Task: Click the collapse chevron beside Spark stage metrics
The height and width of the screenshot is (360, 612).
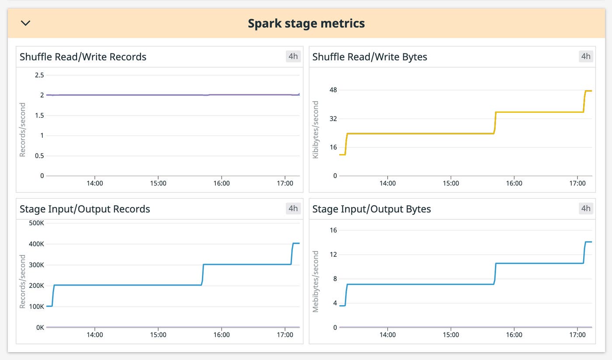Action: tap(26, 23)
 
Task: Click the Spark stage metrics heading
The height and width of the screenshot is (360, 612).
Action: tap(306, 23)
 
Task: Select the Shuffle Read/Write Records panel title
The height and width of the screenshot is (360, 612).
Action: tap(83, 57)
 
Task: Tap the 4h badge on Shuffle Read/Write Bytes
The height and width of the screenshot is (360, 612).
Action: tap(586, 56)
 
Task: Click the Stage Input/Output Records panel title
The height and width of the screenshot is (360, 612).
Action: tap(85, 209)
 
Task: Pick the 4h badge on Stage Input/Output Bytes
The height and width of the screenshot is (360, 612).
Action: tap(586, 209)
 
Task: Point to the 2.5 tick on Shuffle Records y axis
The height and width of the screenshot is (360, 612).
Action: tap(39, 75)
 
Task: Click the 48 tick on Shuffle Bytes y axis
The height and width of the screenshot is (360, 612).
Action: tap(333, 90)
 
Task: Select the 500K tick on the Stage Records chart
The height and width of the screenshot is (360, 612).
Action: tap(37, 223)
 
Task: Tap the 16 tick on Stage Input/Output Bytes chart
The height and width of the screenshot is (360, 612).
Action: tap(333, 231)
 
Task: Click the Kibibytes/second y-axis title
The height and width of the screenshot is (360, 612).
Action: tap(316, 129)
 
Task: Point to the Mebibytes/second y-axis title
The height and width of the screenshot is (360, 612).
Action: tap(316, 281)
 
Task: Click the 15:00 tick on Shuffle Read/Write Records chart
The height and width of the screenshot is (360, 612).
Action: tap(158, 183)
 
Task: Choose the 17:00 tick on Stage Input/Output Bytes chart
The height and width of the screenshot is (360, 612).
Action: tap(577, 335)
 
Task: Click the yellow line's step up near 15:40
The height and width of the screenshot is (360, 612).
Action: tap(495, 122)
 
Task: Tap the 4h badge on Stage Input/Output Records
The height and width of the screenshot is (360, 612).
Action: tap(293, 209)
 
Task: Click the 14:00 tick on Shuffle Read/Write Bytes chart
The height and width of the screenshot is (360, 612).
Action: tap(387, 183)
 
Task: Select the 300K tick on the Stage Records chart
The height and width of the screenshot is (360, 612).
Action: tap(37, 265)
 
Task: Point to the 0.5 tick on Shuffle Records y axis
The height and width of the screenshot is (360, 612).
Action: tap(39, 156)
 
